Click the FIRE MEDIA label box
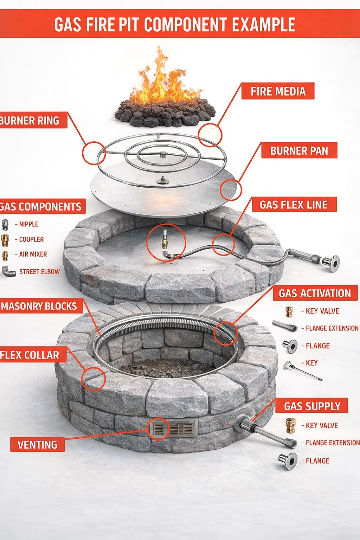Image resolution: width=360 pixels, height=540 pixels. click(278, 91)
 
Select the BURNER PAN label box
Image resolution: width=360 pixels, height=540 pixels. click(299, 150)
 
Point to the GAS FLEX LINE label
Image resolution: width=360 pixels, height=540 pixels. click(294, 205)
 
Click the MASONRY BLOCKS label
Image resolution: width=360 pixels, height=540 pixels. click(39, 306)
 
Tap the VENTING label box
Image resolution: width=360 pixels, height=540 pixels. click(38, 445)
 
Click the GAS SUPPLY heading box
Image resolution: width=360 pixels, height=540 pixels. click(312, 406)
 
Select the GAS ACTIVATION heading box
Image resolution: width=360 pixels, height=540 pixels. click(315, 293)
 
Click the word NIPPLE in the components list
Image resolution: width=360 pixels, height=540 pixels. click(28, 224)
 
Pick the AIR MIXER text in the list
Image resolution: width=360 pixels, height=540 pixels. click(33, 254)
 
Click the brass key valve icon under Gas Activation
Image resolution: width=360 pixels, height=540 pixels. click(289, 311)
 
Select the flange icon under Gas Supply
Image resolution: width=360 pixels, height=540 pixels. click(288, 461)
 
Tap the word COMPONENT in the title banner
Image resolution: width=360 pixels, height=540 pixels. click(186, 24)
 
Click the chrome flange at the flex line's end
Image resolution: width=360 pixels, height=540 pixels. click(331, 263)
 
